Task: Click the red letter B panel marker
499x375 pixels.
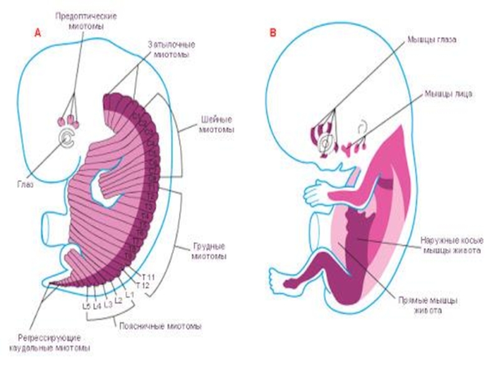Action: point(273,33)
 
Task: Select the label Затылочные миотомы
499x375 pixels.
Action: point(172,50)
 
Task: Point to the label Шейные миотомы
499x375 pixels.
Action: point(216,124)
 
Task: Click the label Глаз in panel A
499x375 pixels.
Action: point(25,184)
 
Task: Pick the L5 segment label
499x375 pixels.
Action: point(86,306)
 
